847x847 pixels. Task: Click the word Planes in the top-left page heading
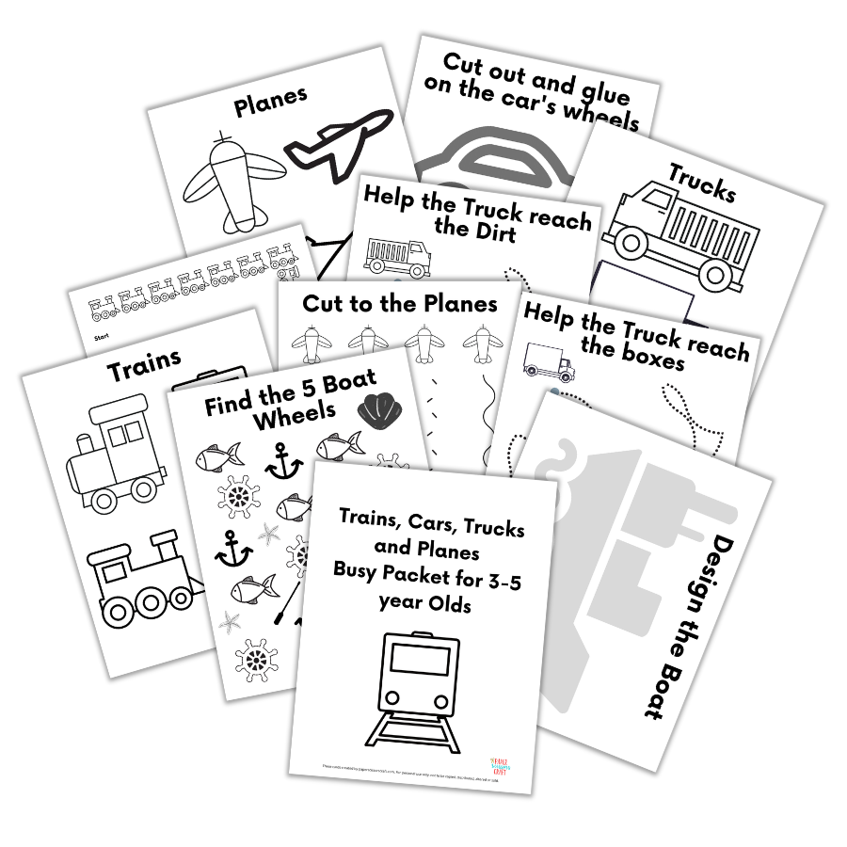tap(270, 104)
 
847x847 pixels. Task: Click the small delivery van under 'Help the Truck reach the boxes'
tap(547, 360)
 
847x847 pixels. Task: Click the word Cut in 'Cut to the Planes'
tap(322, 303)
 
